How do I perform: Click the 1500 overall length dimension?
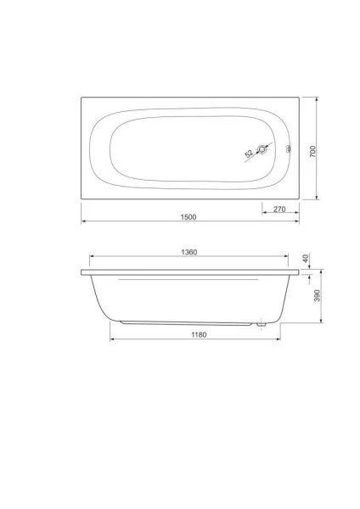coord(188,217)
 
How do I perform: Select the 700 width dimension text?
coord(312,150)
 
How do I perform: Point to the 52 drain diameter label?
coord(249,155)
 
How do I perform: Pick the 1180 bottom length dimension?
coord(199,334)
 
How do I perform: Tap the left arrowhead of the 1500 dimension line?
coord(83,223)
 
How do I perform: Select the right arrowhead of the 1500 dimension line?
coord(298,223)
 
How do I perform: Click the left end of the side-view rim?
coord(82,273)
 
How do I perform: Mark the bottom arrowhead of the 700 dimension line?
coord(318,201)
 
